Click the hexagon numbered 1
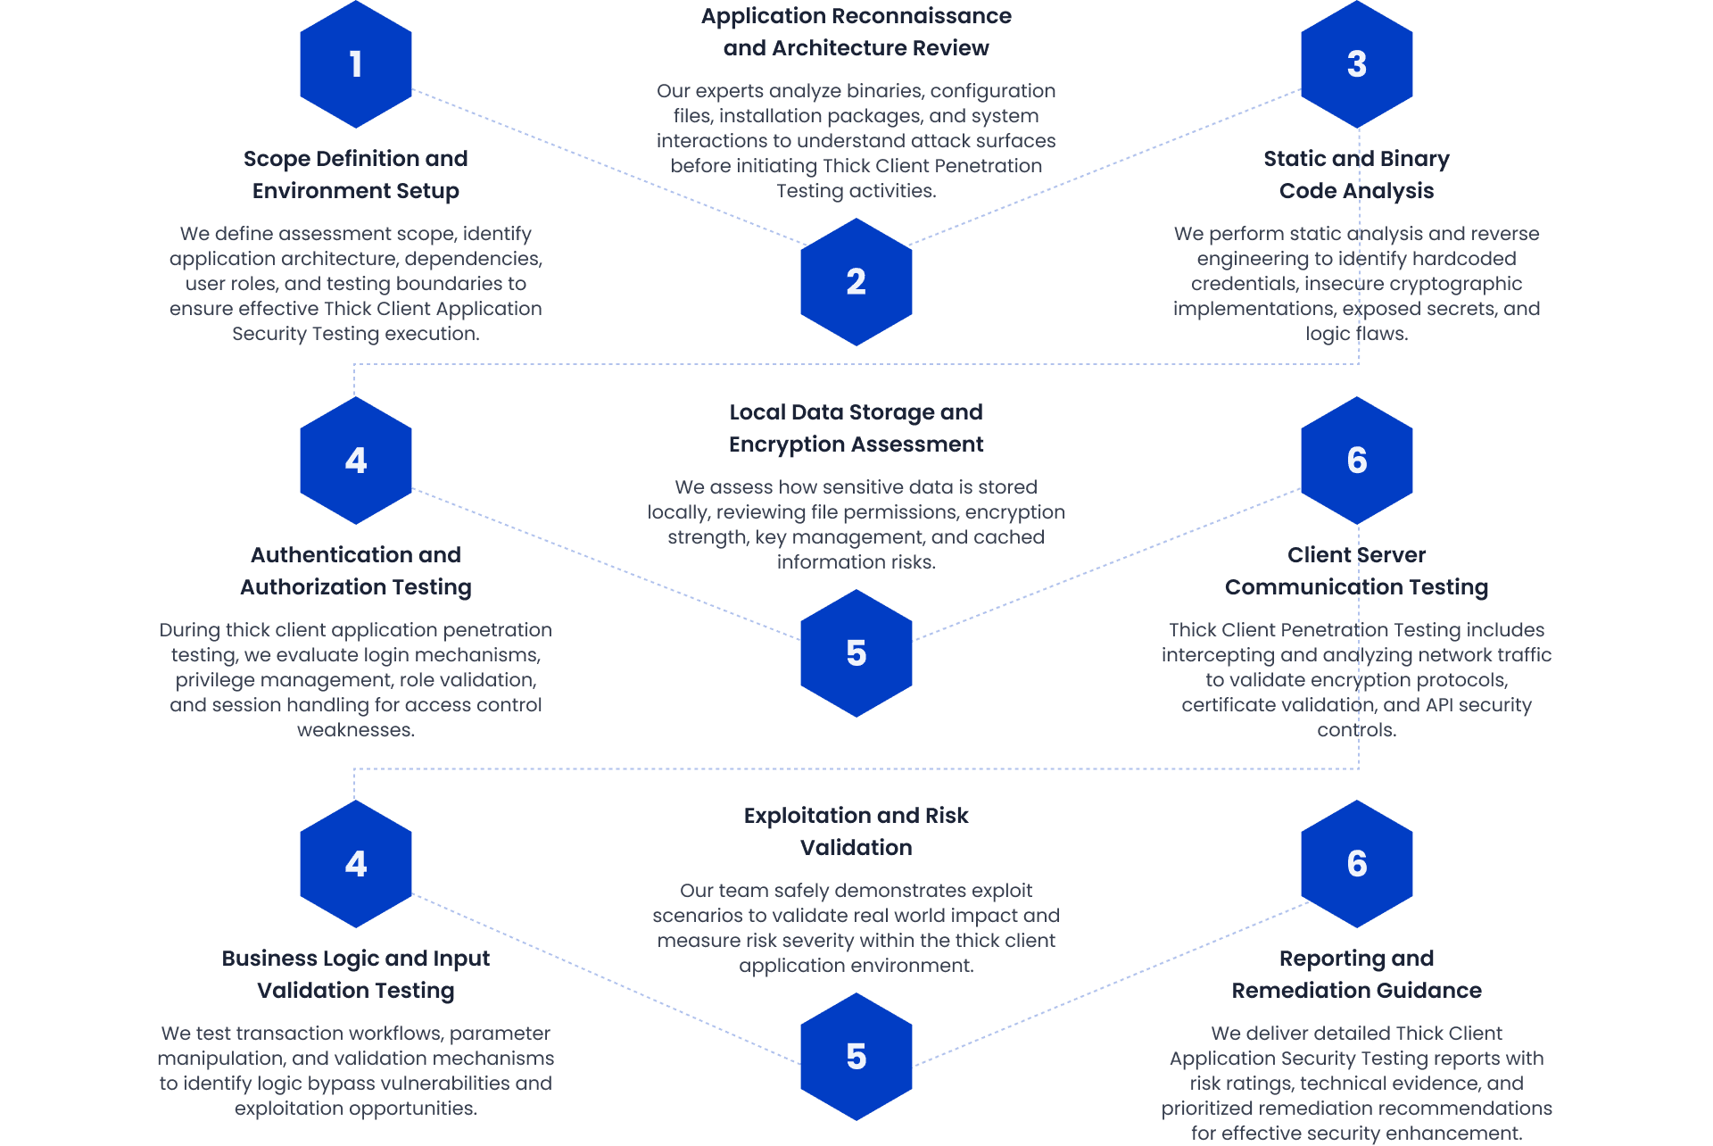click(x=355, y=64)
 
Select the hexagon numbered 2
click(x=856, y=282)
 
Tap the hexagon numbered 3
click(x=1356, y=64)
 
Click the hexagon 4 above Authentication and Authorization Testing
click(x=355, y=461)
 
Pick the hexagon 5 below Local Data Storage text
click(x=856, y=653)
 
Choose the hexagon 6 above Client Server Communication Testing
click(x=1356, y=461)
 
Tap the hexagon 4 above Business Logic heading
click(x=355, y=864)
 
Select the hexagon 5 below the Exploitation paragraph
click(x=856, y=1057)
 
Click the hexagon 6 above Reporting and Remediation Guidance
click(x=1356, y=864)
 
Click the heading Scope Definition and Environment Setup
click(x=355, y=175)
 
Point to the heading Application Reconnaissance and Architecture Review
click(x=856, y=32)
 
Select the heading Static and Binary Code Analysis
click(x=1356, y=175)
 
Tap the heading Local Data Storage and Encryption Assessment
click(x=856, y=428)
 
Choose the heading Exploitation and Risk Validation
click(x=856, y=832)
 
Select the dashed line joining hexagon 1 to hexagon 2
click(x=607, y=167)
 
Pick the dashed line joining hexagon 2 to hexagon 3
click(x=1105, y=167)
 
